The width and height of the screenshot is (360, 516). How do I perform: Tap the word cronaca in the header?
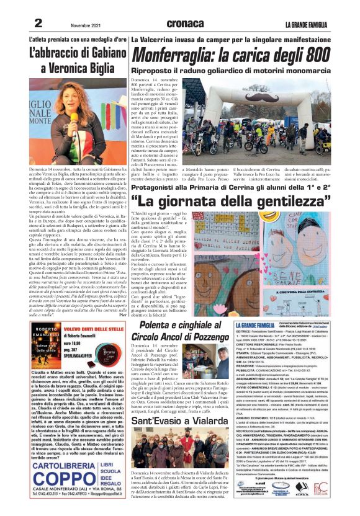click(184, 24)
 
